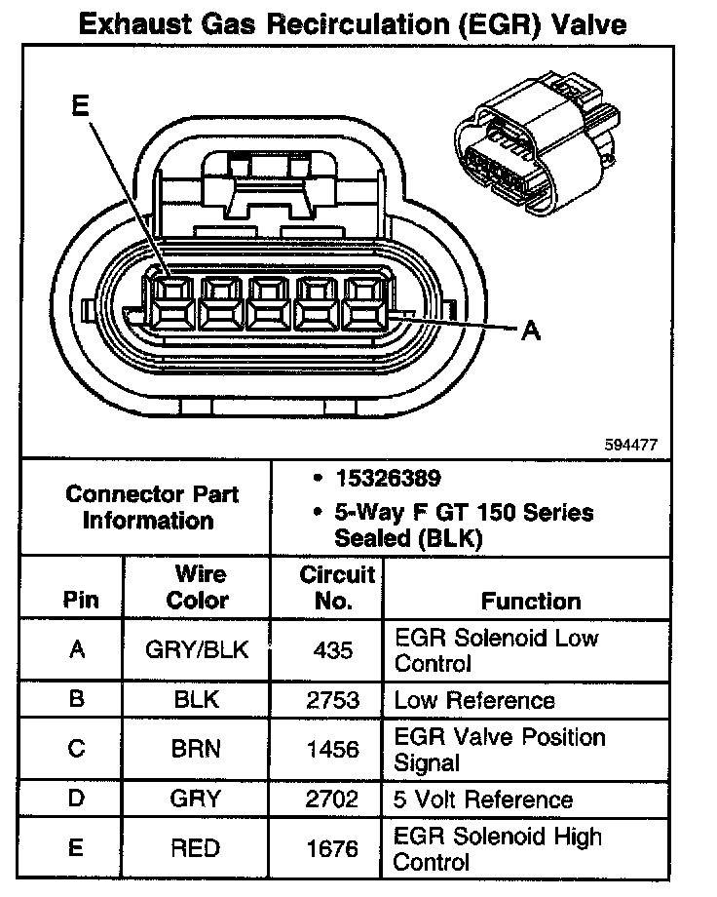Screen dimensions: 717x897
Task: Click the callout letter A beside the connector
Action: click(531, 332)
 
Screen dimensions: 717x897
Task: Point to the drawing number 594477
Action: click(631, 445)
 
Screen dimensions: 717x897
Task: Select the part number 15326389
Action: click(388, 479)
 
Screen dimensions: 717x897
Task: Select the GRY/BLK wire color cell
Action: click(197, 650)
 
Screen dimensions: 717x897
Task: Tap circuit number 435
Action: click(325, 650)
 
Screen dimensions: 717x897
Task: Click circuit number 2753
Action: click(325, 700)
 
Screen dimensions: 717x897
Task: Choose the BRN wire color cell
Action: click(197, 749)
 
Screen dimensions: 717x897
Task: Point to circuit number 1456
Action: click(325, 749)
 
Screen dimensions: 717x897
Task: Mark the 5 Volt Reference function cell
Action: click(483, 799)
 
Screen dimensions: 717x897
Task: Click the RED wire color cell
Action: click(197, 848)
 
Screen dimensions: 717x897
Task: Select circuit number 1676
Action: click(325, 848)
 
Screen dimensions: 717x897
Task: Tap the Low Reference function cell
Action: click(474, 700)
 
